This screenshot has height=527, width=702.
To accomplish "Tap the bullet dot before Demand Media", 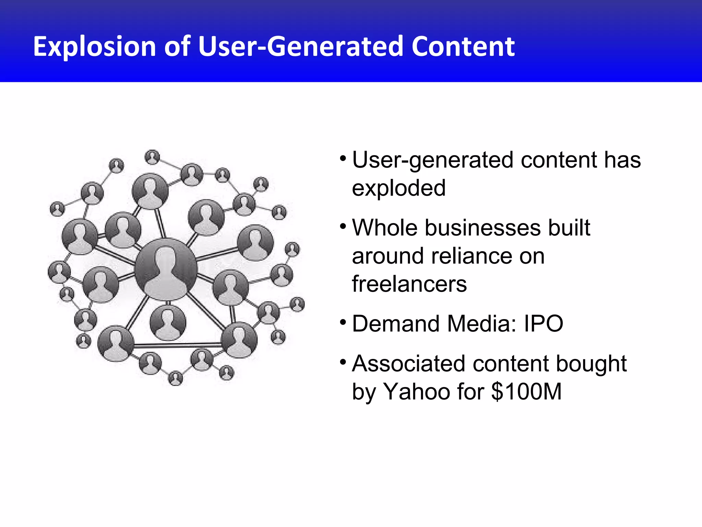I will tap(343, 323).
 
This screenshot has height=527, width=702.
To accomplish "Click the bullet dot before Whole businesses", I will tap(343, 226).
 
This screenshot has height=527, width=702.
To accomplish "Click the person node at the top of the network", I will tap(152, 157).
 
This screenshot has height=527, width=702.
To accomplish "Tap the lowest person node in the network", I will tap(175, 378).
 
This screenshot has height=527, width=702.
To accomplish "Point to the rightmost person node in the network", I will tap(297, 304).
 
